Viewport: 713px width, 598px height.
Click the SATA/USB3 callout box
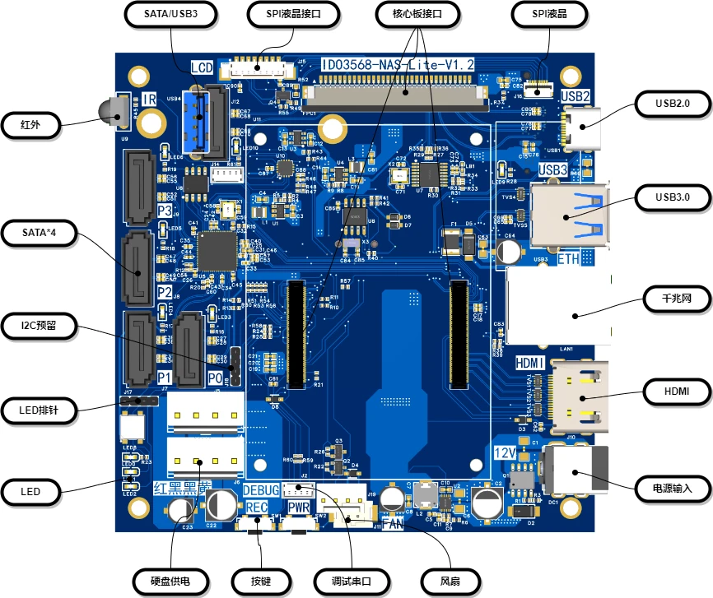[x=170, y=14]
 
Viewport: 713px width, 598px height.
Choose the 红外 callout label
[x=30, y=125]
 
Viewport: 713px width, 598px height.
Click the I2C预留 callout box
[x=39, y=326]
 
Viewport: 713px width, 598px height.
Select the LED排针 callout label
[x=39, y=409]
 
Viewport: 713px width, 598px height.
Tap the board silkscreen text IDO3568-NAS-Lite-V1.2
[x=398, y=64]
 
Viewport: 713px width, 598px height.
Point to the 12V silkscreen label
[x=504, y=453]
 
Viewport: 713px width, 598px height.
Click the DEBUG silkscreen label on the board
[x=260, y=491]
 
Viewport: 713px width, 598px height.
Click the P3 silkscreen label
[x=165, y=211]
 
